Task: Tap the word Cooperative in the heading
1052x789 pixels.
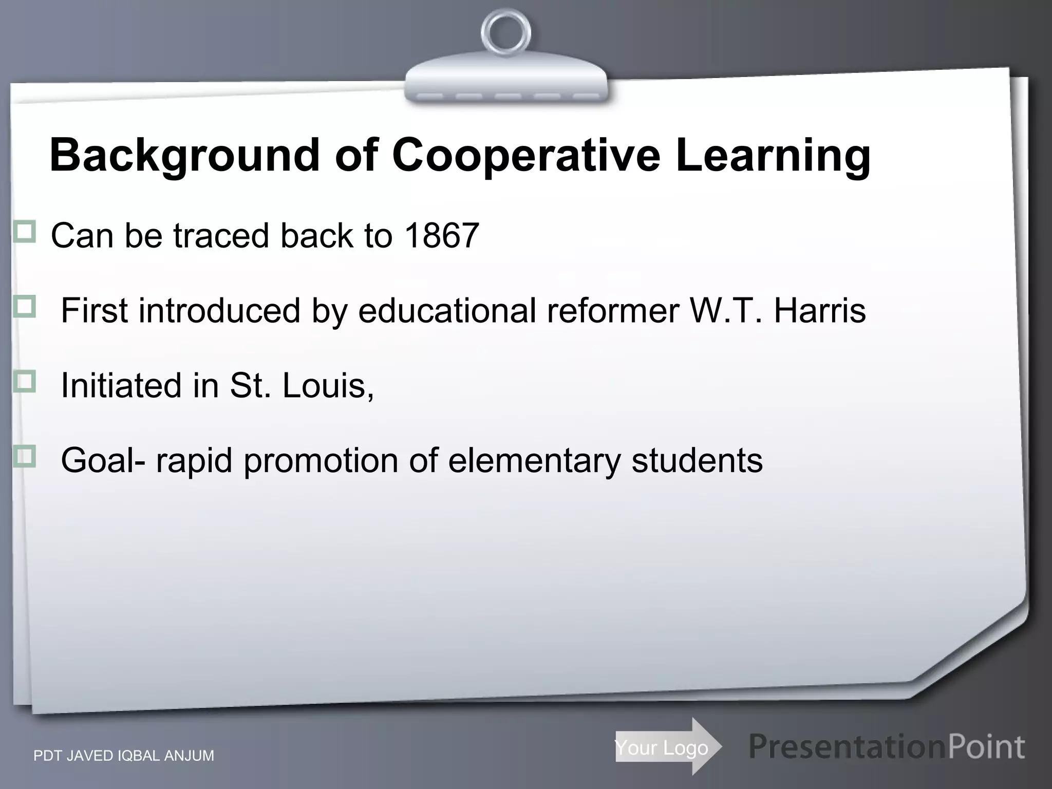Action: click(x=526, y=156)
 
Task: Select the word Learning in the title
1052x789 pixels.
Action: click(x=773, y=156)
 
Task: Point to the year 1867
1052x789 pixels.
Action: click(x=442, y=236)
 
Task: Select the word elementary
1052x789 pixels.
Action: click(x=534, y=460)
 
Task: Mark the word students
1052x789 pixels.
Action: click(x=697, y=460)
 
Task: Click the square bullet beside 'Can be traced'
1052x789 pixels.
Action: click(x=25, y=232)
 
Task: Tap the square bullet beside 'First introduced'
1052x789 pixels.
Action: click(x=25, y=307)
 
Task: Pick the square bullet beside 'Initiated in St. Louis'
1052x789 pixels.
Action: click(x=25, y=382)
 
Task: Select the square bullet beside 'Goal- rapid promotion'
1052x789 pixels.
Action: click(x=25, y=456)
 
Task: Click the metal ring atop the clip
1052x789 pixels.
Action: click(x=505, y=34)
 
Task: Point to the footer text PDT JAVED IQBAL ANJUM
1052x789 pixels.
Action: click(x=124, y=756)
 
